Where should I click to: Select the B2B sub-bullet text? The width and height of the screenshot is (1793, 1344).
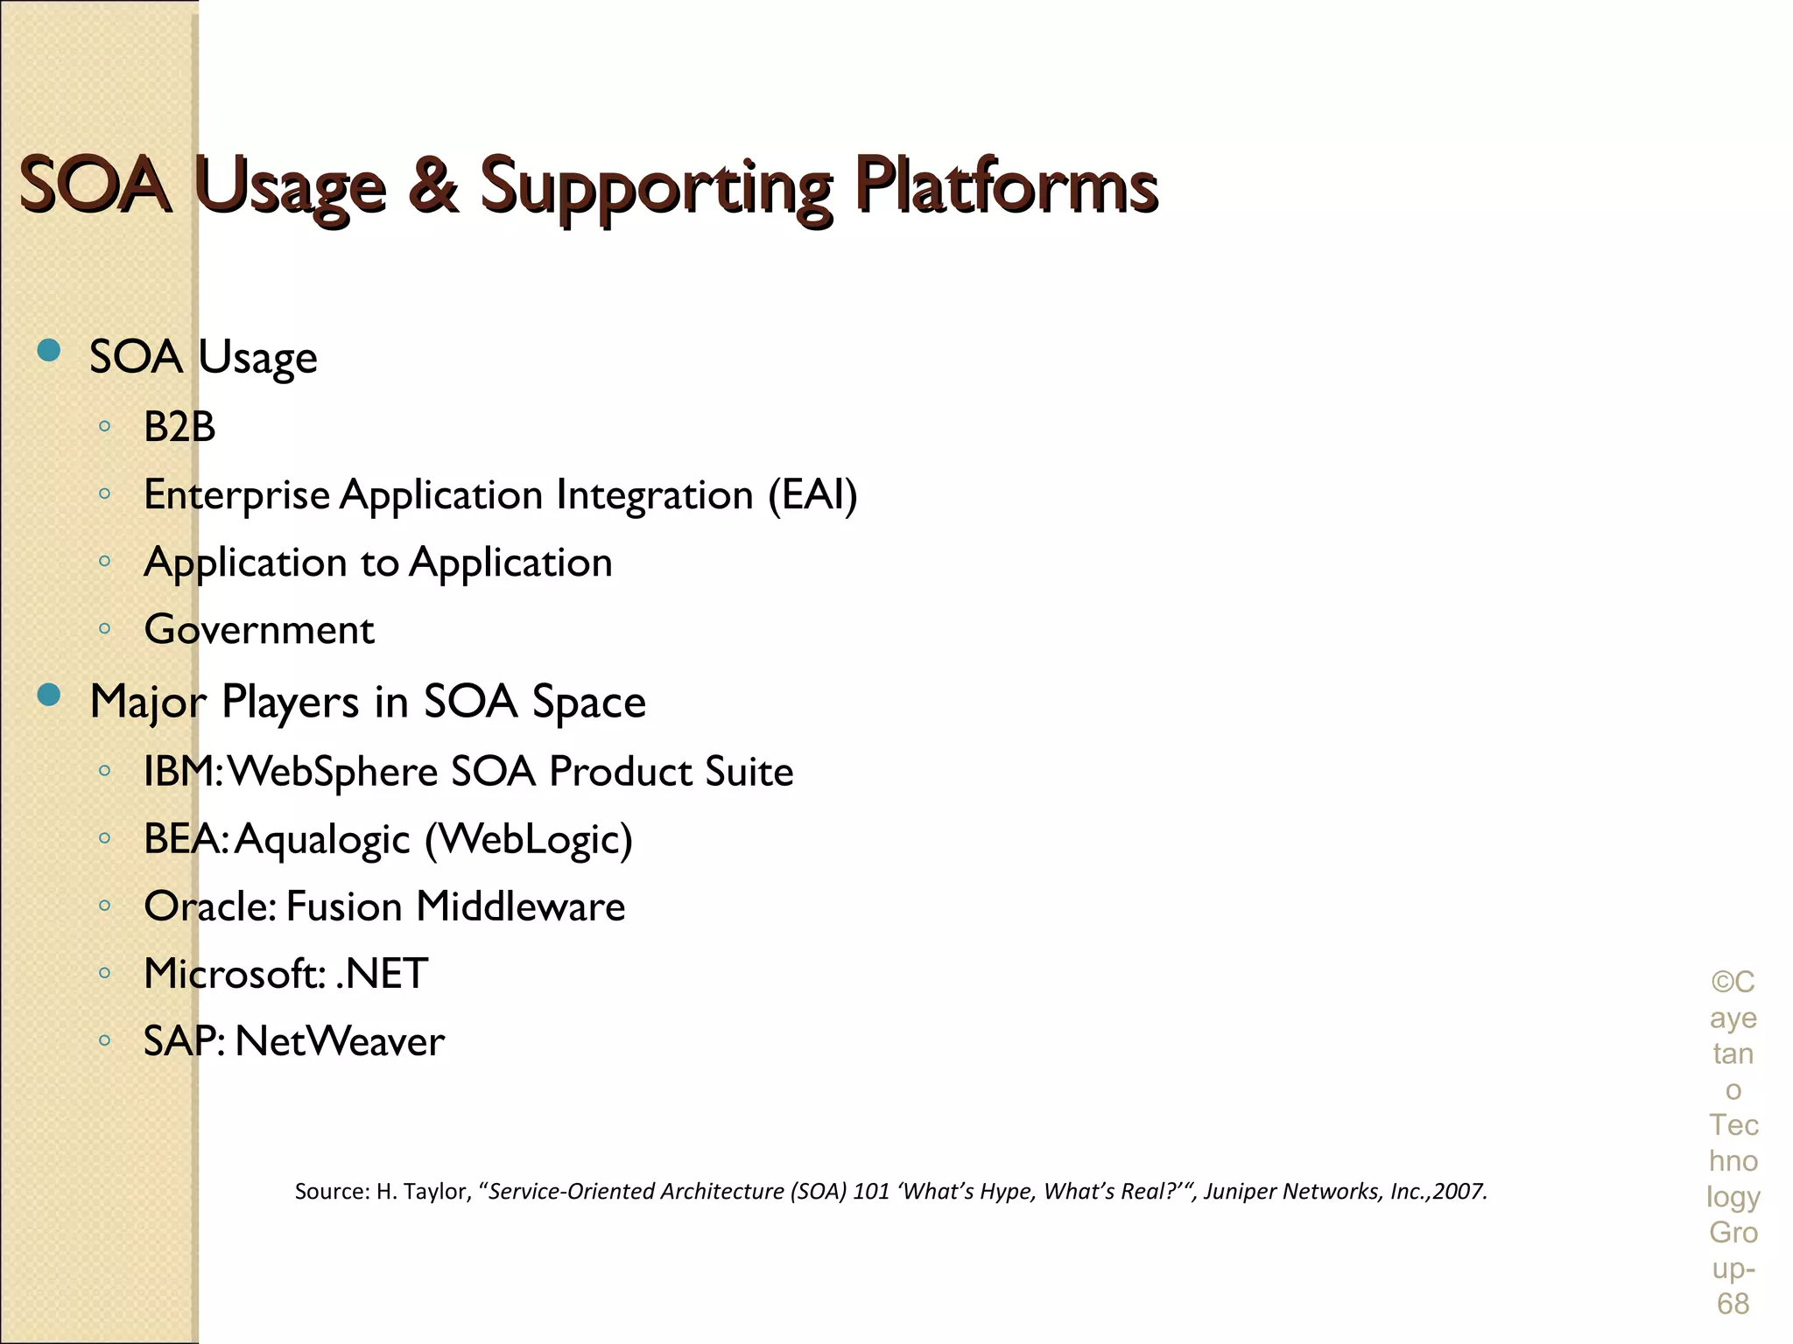pyautogui.click(x=179, y=428)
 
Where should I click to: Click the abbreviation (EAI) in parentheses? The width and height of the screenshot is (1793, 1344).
pyautogui.click(x=812, y=495)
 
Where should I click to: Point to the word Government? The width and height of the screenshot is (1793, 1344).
pyautogui.click(x=259, y=630)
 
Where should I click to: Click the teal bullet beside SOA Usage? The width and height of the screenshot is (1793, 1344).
pyautogui.click(x=49, y=352)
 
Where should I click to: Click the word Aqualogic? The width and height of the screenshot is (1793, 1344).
pyautogui.click(x=322, y=840)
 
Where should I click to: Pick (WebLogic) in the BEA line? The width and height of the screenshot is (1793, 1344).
pyautogui.click(x=529, y=840)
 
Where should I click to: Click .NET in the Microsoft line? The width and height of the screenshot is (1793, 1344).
pyautogui.click(x=383, y=974)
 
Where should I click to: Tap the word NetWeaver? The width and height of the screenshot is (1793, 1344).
pyautogui.click(x=340, y=1041)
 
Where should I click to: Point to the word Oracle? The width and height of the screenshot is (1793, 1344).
pyautogui.click(x=210, y=906)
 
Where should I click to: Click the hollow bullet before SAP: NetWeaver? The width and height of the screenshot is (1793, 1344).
pyautogui.click(x=104, y=1040)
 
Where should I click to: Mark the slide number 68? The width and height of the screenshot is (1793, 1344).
pyautogui.click(x=1733, y=1304)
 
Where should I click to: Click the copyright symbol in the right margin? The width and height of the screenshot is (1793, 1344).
pyautogui.click(x=1721, y=983)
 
